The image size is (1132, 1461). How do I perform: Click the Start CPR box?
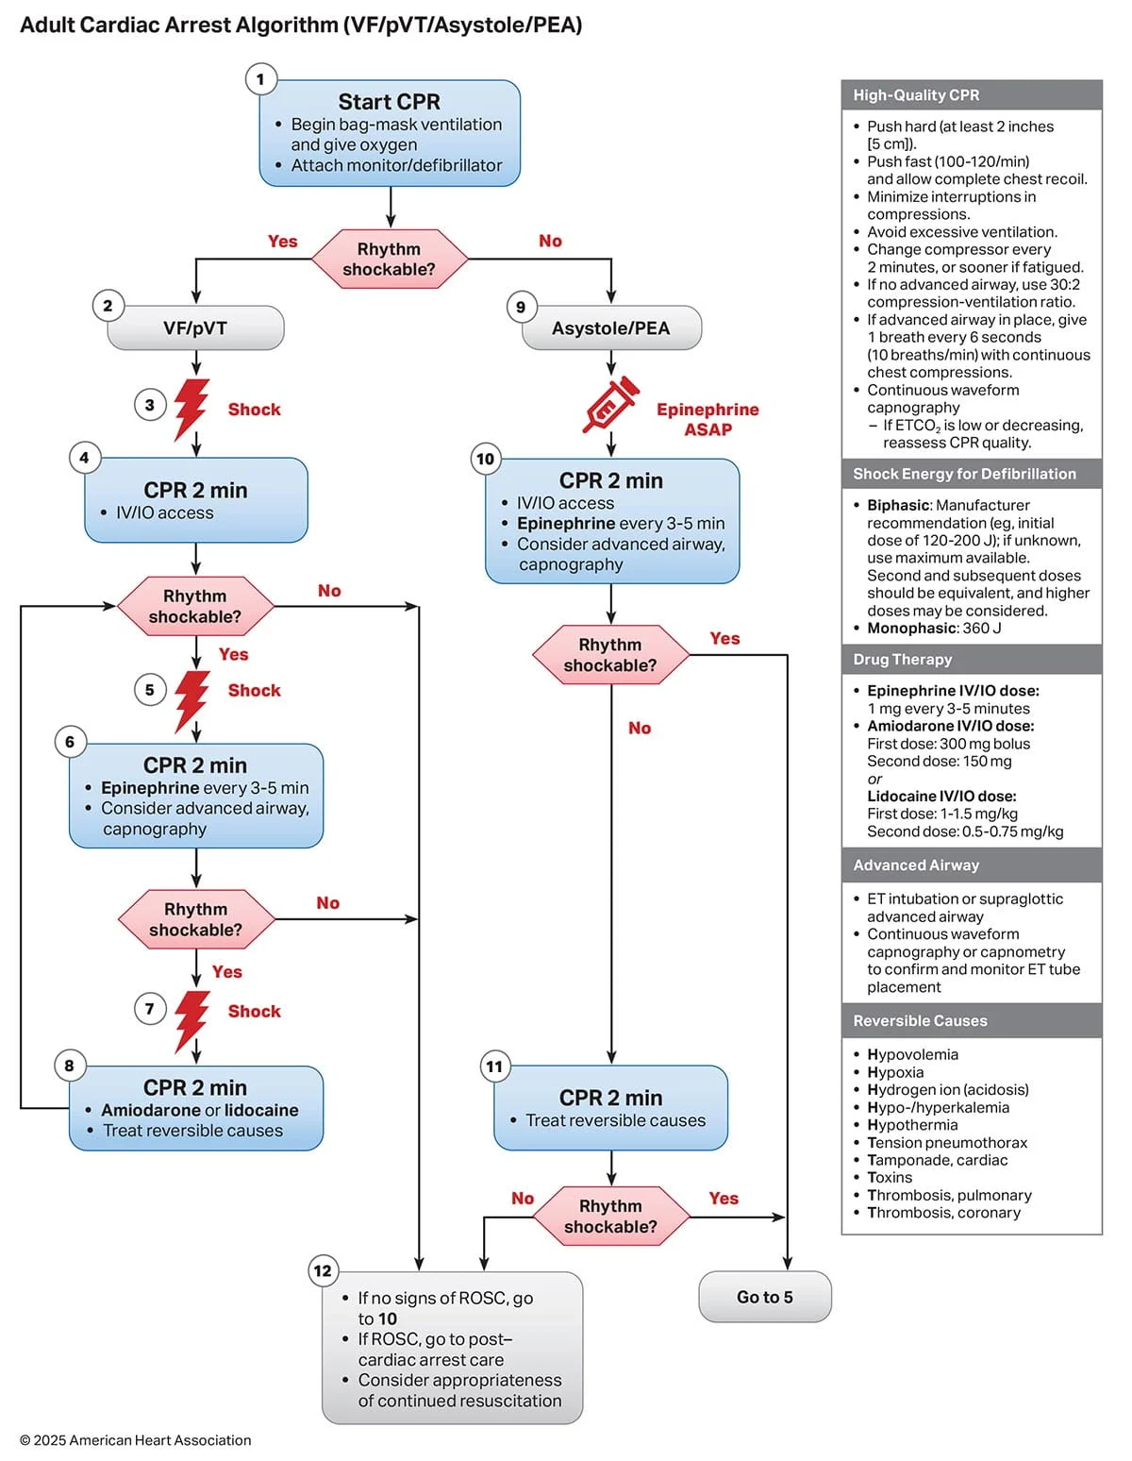[390, 133]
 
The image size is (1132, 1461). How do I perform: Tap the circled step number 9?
[521, 307]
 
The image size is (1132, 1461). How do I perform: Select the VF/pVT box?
[195, 328]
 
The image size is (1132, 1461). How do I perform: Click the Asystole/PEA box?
[611, 328]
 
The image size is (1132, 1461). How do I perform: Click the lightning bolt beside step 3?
[191, 409]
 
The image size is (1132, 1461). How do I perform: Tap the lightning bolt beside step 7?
[191, 1020]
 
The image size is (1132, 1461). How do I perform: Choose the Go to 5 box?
[765, 1297]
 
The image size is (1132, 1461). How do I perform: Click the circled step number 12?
[323, 1270]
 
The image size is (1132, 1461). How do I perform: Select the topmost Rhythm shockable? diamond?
[389, 259]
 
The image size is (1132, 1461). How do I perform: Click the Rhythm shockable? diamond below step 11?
[610, 1217]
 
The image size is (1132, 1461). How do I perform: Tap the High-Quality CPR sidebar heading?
[916, 95]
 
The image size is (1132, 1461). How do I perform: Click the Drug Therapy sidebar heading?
[903, 660]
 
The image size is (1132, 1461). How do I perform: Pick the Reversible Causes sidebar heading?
[920, 1020]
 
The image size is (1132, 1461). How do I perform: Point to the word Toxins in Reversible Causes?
[890, 1177]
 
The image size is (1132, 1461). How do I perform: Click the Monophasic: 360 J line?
[934, 628]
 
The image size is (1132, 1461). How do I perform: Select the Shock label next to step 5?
[255, 690]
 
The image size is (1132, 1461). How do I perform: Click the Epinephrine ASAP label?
[707, 419]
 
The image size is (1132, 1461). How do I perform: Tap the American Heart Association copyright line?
[136, 1440]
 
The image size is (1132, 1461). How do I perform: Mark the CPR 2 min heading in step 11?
[610, 1098]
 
